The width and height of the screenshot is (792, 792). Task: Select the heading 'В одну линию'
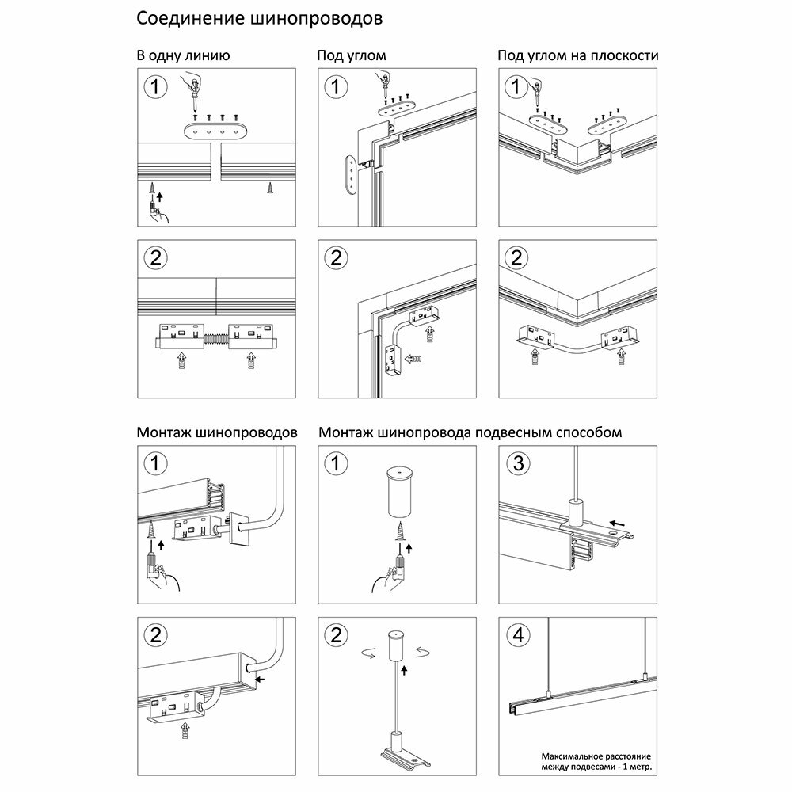coord(183,56)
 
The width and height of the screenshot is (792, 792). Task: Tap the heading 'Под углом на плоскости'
coord(577,56)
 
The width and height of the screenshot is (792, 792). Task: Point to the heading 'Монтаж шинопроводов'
coord(217,432)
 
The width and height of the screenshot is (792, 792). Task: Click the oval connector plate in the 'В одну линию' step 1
coord(215,131)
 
